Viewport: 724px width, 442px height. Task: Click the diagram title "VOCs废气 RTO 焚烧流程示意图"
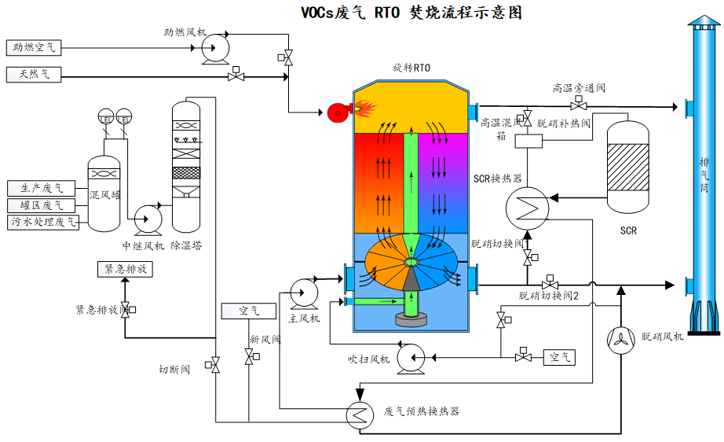coord(411,13)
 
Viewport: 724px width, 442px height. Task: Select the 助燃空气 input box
coord(33,48)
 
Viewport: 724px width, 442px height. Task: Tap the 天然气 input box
coord(33,76)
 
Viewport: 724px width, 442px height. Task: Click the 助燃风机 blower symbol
coord(212,49)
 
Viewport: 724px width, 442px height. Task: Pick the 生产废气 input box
coord(42,189)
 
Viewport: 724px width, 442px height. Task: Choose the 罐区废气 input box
coord(42,205)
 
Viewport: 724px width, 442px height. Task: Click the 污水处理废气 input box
coord(44,222)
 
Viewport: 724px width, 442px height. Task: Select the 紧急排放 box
coord(125,269)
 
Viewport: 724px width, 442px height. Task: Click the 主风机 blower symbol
coord(301,293)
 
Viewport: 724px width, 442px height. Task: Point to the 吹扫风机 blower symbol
coord(409,358)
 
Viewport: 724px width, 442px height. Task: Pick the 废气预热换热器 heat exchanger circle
coord(360,412)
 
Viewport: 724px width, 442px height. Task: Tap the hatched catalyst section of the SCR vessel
coord(628,165)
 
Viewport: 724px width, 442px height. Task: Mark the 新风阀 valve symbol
coord(250,357)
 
